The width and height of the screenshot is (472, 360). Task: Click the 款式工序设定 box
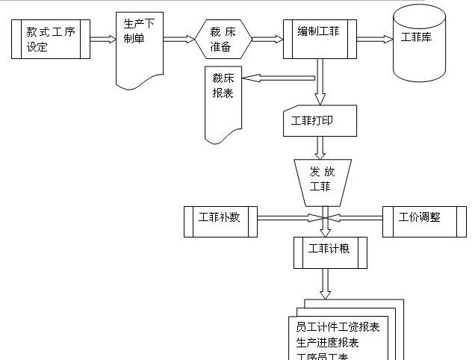52,39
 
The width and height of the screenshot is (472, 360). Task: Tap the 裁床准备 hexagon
223,39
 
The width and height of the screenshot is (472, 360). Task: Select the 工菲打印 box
320,121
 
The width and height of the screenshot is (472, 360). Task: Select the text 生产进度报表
327,342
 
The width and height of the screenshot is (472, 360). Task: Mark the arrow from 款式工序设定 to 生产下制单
102,40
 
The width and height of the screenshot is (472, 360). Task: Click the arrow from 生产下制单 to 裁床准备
179,40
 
